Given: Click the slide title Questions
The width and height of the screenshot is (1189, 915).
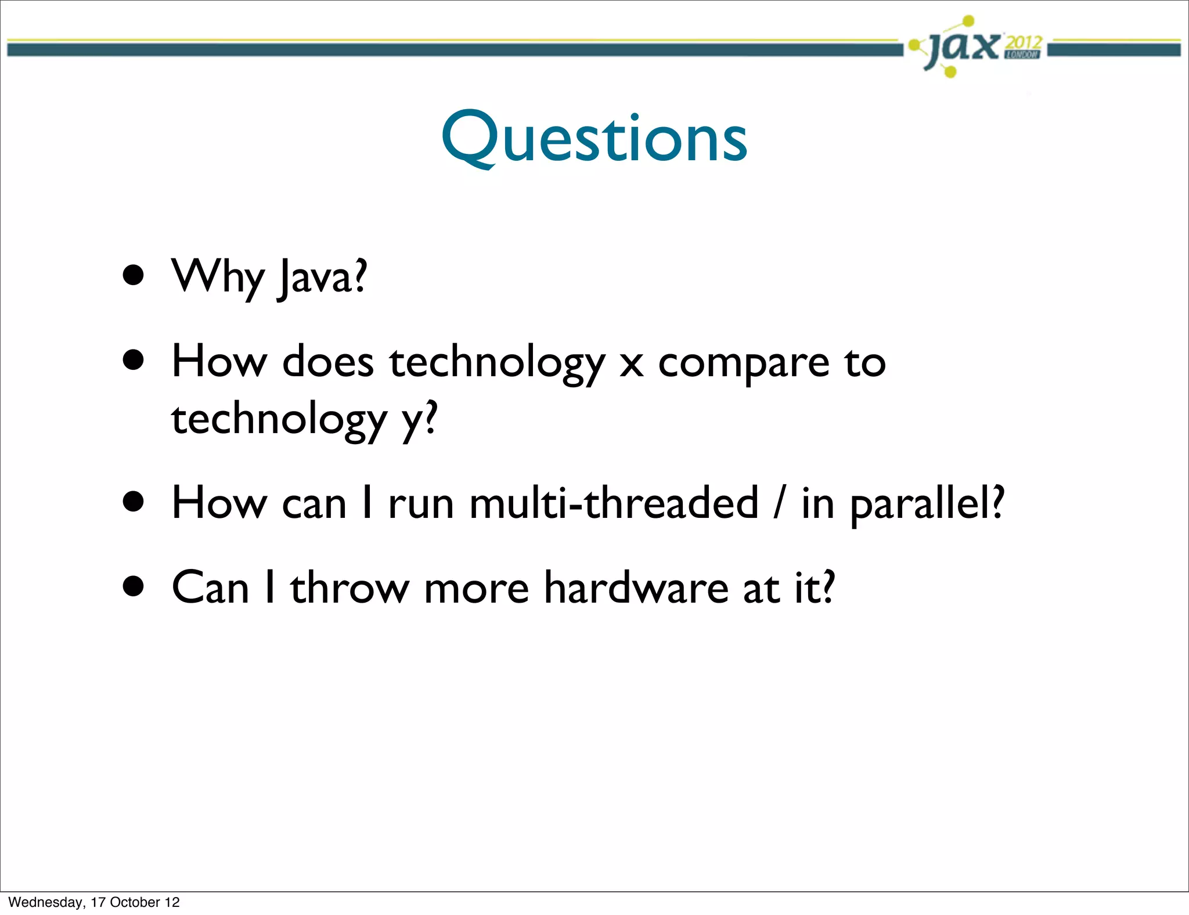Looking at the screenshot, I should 594,138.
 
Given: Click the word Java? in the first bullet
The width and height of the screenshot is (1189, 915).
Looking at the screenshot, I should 323,278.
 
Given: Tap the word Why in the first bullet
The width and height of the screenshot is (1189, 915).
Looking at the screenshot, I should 218,278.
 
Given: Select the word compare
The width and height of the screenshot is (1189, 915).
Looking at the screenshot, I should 744,363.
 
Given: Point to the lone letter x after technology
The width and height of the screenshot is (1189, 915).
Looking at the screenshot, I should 631,365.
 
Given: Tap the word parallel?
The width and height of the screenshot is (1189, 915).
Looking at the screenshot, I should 927,504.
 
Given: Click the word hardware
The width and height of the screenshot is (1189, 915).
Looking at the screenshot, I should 636,588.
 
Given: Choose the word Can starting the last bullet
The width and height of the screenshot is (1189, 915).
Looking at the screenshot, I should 210,588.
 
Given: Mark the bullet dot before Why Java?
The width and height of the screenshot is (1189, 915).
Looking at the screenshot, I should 134,275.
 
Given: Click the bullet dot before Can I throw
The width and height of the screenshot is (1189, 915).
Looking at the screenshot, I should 134,586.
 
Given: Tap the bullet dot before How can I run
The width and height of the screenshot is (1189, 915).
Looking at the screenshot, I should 134,502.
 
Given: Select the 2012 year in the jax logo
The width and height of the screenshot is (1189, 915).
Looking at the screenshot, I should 1023,42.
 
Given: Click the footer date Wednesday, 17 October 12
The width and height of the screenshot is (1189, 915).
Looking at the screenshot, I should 94,902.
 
